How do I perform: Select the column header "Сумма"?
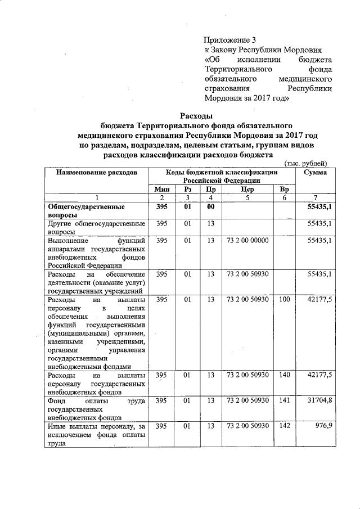tap(315, 172)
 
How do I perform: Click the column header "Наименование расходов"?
tap(96, 172)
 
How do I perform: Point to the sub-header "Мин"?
tap(162, 190)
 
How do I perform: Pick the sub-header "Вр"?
tap(284, 190)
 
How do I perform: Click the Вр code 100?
tap(284, 300)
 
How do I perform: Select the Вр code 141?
tap(284, 401)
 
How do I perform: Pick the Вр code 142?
tap(284, 426)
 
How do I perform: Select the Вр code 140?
tap(284, 375)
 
